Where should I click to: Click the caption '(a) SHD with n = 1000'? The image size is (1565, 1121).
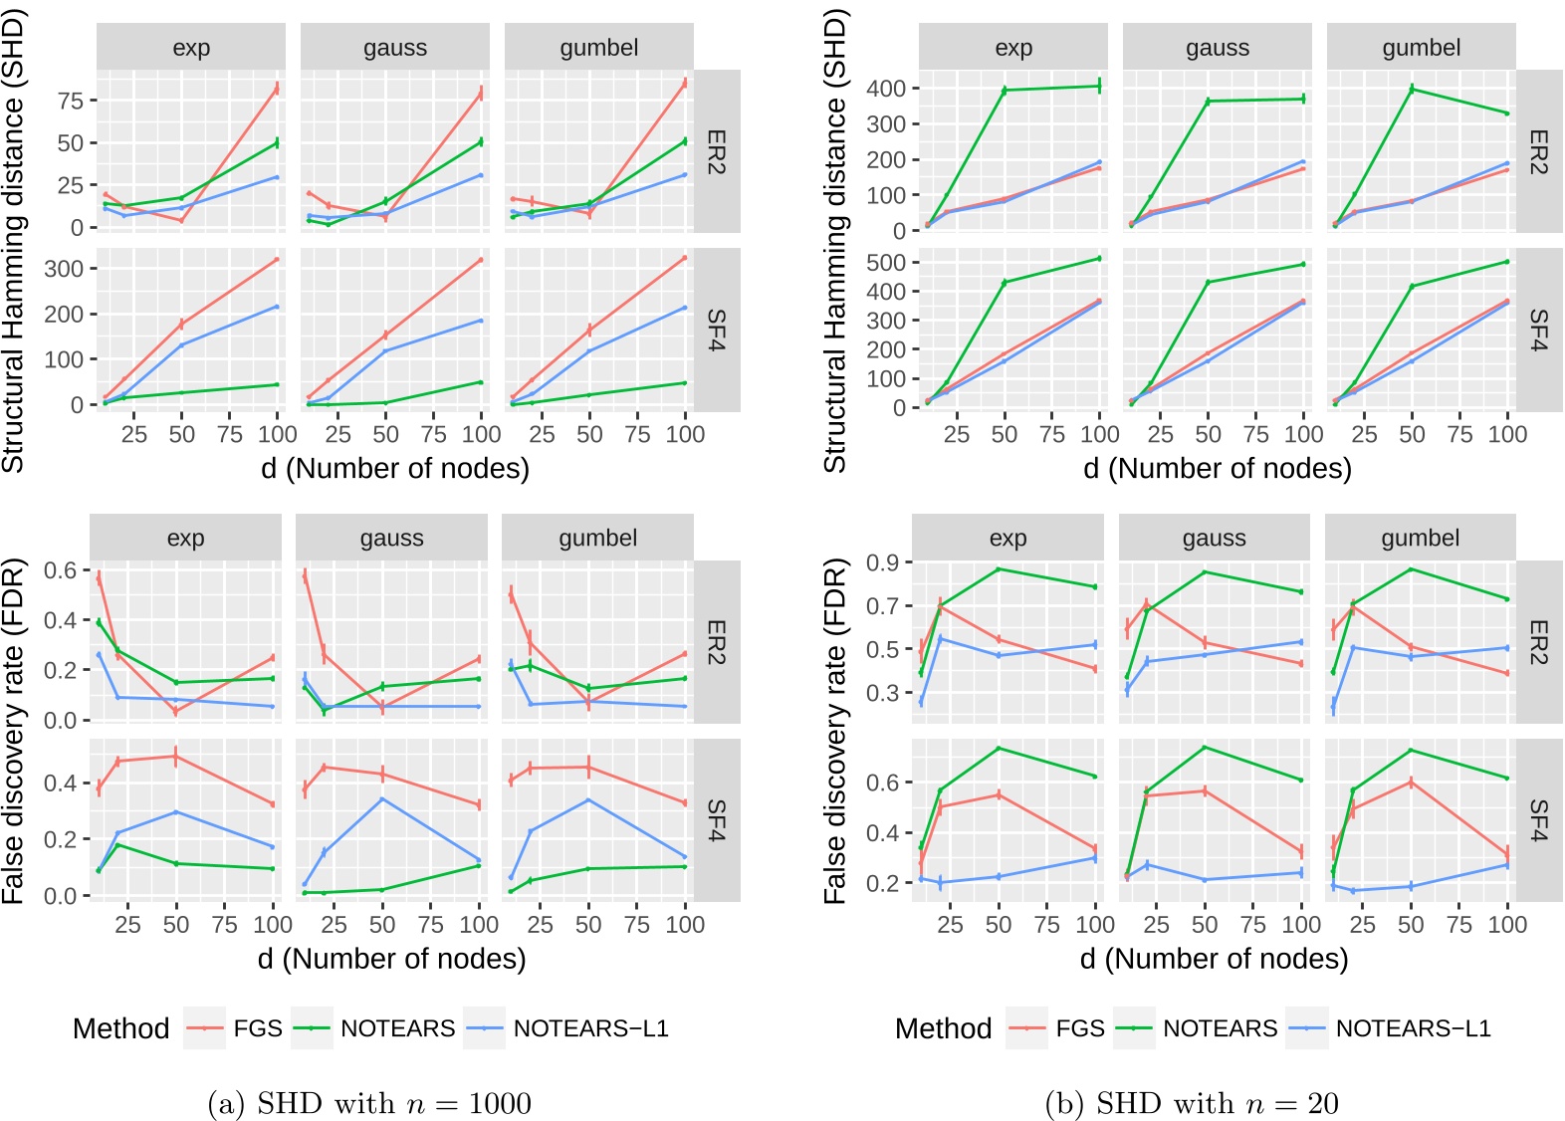[369, 1103]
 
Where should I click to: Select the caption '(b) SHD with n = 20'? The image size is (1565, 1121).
[1191, 1103]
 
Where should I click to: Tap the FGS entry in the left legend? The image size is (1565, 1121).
[258, 1028]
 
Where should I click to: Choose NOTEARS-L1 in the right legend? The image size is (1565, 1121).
[1413, 1028]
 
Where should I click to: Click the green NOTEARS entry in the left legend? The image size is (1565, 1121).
[397, 1028]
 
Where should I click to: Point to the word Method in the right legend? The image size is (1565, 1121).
[943, 1028]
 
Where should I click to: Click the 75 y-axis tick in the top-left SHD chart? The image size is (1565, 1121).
[70, 101]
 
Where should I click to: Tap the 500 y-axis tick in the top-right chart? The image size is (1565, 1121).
[885, 263]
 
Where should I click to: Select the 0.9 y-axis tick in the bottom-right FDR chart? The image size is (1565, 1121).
[882, 563]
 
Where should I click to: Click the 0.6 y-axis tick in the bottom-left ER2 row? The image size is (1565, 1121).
[60, 570]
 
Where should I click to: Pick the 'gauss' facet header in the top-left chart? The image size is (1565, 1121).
[395, 48]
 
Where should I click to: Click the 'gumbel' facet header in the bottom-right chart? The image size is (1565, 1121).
[1420, 539]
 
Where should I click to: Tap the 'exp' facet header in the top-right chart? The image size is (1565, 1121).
[1013, 48]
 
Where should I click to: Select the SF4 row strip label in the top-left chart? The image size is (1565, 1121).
[716, 330]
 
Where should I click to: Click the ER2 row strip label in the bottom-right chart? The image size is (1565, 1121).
[1538, 642]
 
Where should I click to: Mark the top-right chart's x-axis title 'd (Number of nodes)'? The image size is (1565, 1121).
[1217, 468]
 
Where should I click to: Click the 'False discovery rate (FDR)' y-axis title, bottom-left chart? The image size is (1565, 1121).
[14, 732]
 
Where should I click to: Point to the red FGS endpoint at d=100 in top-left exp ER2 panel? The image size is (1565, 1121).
[277, 89]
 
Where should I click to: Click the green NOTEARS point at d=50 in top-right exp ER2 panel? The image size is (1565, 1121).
[1005, 91]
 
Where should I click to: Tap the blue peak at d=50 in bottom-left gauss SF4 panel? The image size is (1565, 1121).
[382, 799]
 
